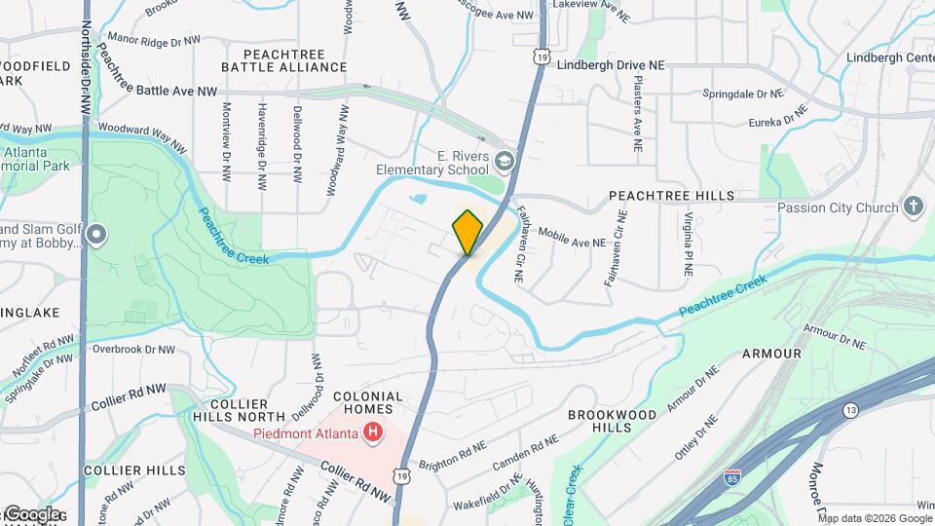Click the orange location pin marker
[x=467, y=232]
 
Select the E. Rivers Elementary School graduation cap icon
[x=504, y=160]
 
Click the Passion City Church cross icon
[x=913, y=207]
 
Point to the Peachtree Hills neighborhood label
[x=672, y=196]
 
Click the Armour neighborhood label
[x=771, y=354]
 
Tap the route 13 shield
[x=850, y=410]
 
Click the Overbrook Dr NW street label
[x=133, y=349]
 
